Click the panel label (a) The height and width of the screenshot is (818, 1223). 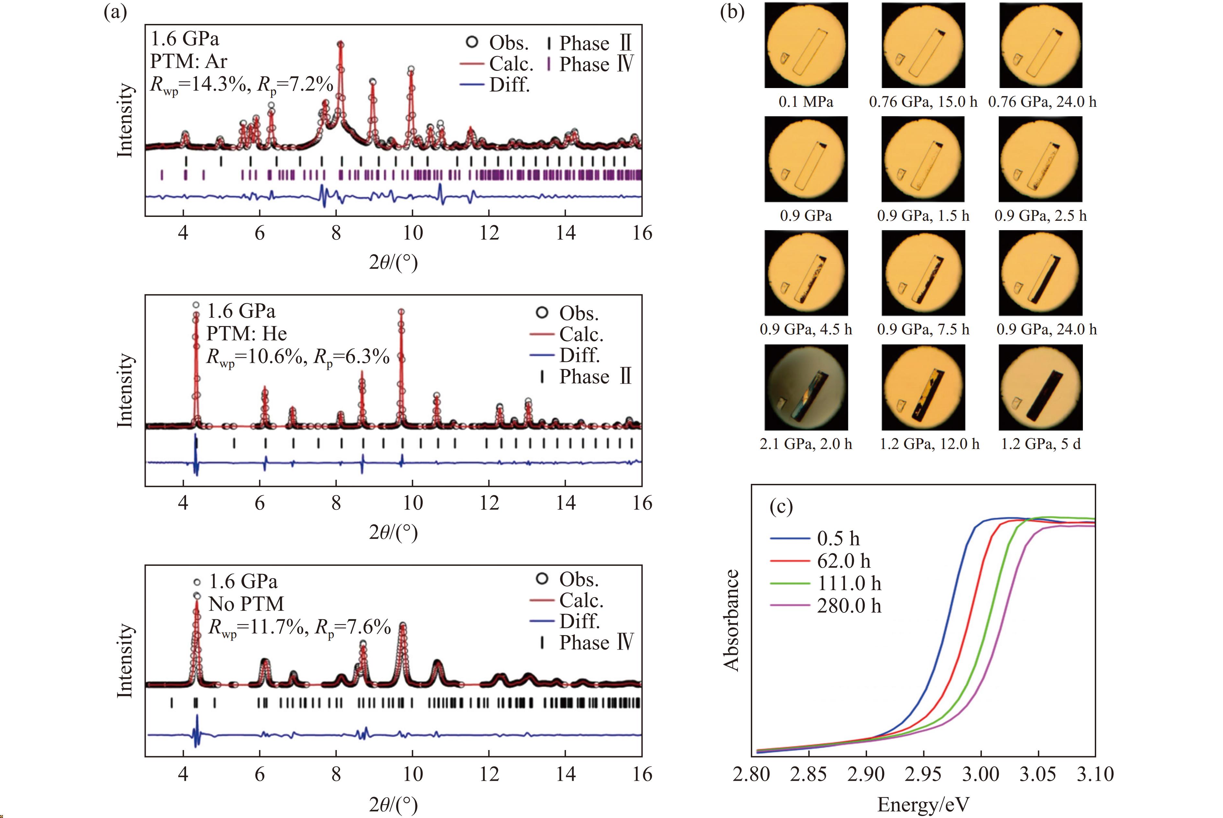pos(115,11)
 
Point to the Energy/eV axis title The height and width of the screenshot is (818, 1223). pos(923,804)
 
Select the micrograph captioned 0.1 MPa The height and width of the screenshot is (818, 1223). pos(806,45)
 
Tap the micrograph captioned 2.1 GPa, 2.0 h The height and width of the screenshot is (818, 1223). pos(806,387)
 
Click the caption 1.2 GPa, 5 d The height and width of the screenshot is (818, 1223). pos(1040,444)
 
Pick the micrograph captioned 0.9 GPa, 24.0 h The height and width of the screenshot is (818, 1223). pos(1040,273)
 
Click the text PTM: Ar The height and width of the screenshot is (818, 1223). pos(189,62)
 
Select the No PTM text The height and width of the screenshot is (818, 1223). pos(246,604)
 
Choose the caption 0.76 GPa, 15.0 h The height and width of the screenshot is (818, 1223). pos(923,102)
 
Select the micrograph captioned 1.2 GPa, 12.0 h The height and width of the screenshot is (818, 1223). pos(923,387)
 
